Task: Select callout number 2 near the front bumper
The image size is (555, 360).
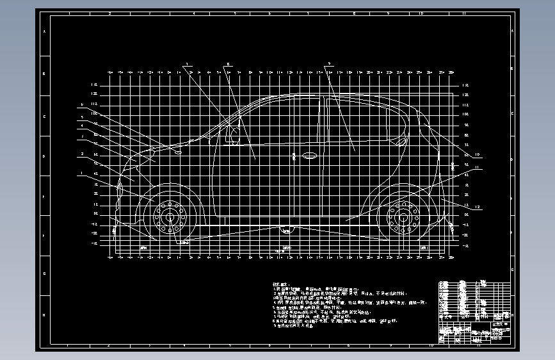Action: click(82, 154)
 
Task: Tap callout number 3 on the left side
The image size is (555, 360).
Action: click(82, 136)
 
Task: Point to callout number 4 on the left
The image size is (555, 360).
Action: click(82, 126)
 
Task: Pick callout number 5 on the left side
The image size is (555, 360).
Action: click(82, 117)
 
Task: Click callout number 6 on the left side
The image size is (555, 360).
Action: click(82, 104)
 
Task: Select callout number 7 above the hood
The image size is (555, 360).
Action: click(186, 65)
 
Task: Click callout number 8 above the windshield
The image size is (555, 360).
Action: click(228, 65)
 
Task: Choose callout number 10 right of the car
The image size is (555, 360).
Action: click(478, 154)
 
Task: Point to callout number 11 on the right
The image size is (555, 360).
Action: click(478, 168)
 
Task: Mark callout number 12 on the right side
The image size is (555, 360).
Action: click(478, 207)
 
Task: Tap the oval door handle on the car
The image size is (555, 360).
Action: click(309, 155)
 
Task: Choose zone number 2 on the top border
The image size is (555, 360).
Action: click(110, 12)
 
